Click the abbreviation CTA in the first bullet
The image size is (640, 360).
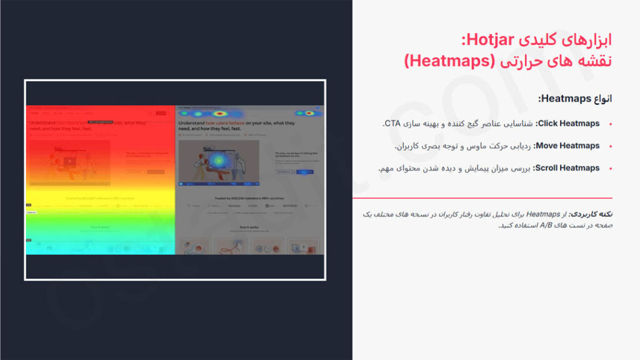tap(391, 124)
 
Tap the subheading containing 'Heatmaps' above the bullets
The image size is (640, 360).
tap(576, 99)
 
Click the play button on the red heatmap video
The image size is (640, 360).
tap(67, 161)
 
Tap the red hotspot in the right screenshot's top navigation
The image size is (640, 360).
tap(222, 114)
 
